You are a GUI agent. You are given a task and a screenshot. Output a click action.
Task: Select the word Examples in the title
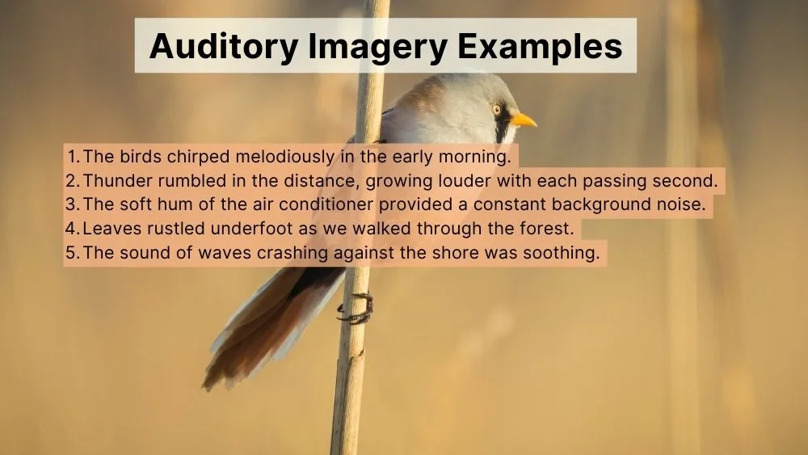(541, 47)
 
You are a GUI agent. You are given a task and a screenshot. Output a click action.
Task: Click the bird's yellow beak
(523, 120)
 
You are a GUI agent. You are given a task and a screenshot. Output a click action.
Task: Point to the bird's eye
(497, 109)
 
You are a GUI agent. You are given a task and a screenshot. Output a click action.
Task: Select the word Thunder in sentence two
(114, 180)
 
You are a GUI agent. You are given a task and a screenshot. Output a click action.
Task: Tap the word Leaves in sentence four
(108, 229)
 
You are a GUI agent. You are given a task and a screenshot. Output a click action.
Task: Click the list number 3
(71, 204)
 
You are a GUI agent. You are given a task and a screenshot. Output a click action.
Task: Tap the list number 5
(71, 253)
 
